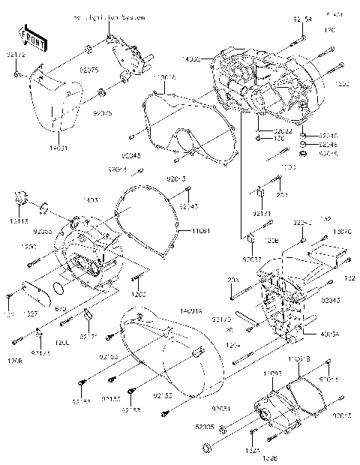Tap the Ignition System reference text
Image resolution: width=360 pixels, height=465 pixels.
[109, 16]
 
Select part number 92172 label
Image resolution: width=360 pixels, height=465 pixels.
[16, 55]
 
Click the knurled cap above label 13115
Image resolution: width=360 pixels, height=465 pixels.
[22, 198]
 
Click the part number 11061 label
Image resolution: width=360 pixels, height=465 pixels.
[190, 231]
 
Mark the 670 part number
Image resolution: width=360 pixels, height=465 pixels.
[62, 307]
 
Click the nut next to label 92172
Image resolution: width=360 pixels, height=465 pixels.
[16, 75]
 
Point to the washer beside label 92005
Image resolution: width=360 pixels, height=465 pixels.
[205, 448]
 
